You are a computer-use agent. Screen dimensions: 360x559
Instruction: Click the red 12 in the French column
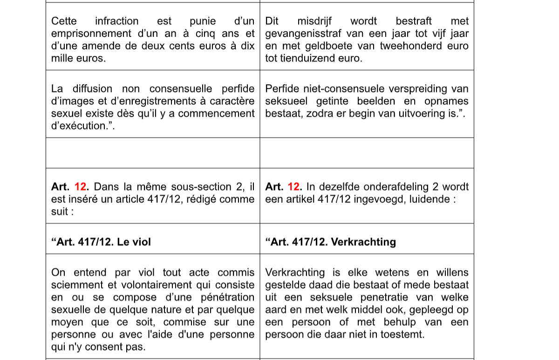(81, 187)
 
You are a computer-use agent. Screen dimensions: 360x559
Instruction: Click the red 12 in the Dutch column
(294, 187)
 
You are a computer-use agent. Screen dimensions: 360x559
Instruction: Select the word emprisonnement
(83, 34)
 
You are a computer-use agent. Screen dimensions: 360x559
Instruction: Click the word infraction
(116, 21)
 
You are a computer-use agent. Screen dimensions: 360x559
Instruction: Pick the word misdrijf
(314, 21)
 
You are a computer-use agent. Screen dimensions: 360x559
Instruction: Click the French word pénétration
(226, 297)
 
